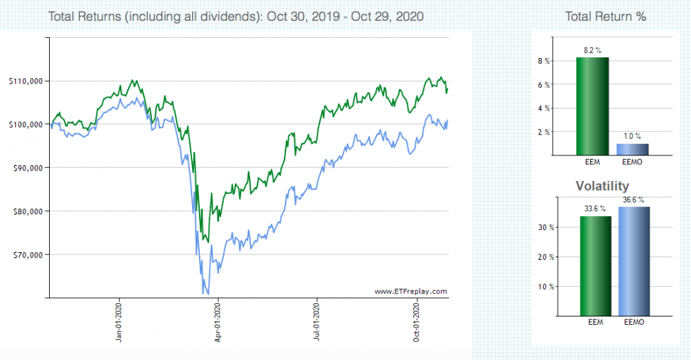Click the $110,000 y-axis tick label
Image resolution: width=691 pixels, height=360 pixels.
pos(26,81)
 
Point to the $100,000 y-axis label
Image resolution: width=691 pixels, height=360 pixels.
pos(26,124)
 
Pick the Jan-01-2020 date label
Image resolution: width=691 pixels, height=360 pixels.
pos(120,323)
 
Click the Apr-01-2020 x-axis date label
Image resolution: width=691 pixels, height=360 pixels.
pos(218,323)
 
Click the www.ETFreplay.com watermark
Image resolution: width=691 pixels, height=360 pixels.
pos(410,292)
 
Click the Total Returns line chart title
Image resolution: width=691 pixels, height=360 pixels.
pos(236,16)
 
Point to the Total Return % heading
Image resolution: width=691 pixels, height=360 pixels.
pos(605,16)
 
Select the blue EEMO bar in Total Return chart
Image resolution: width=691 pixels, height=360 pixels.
pos(633,149)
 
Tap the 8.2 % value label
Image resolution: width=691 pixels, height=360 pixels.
pos(593,50)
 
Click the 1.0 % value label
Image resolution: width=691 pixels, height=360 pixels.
pos(633,137)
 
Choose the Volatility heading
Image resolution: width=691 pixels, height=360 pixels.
pos(603,186)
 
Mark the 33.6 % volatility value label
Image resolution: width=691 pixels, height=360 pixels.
pos(594,208)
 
